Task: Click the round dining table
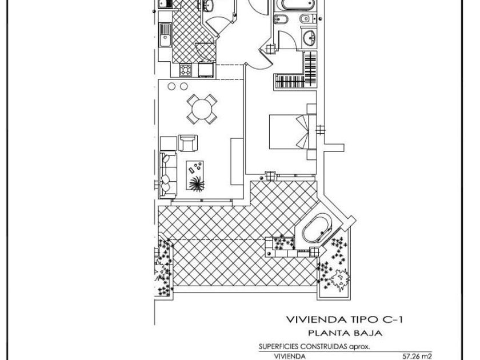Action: point(202,109)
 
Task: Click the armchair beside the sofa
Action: point(187,143)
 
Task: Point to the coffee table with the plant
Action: point(195,175)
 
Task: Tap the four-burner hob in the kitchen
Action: point(185,70)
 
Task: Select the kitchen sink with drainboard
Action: point(165,35)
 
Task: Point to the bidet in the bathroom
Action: point(281,20)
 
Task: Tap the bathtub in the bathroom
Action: point(298,5)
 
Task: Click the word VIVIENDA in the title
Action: point(314,320)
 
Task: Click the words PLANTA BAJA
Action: point(345,333)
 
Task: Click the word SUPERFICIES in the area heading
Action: point(279,347)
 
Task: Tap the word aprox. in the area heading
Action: point(359,347)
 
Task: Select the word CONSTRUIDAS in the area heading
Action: point(323,347)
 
